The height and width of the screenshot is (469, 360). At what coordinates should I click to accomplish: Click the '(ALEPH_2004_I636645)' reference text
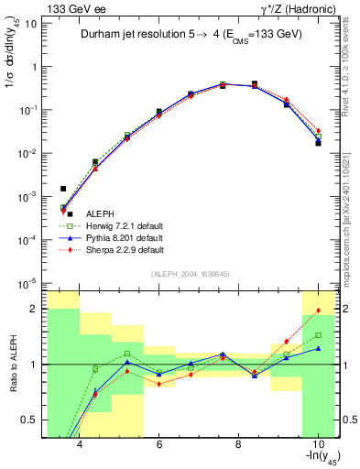(191, 274)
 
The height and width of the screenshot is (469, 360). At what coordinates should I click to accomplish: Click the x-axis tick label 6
(159, 445)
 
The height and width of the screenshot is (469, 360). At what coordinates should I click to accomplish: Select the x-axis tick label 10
(317, 445)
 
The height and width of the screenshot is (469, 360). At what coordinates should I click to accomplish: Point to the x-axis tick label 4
(80, 445)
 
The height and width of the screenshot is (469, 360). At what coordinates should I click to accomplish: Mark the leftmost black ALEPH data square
(63, 189)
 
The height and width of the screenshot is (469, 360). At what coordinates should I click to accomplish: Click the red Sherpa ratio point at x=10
(318, 311)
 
